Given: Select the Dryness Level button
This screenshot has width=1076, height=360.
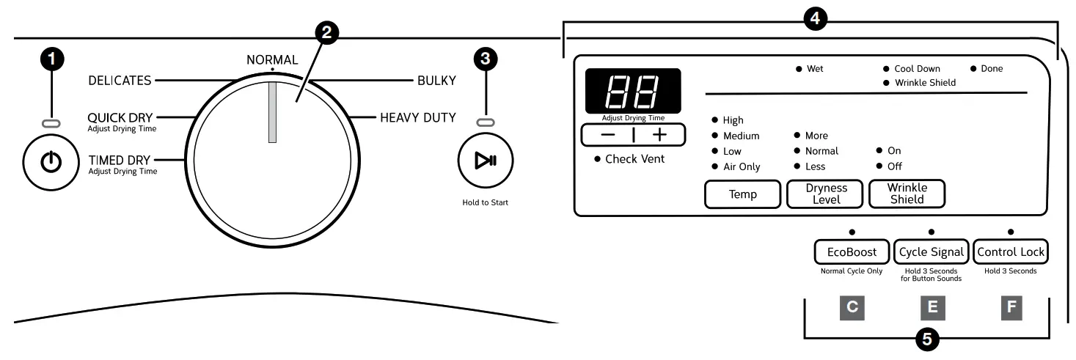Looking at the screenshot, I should pyautogui.click(x=826, y=194).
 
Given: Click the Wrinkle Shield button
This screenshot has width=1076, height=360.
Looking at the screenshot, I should pyautogui.click(x=907, y=194).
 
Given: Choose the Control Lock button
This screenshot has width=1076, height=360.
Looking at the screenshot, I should pyautogui.click(x=1011, y=252).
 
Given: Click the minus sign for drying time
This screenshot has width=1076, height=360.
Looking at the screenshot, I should pyautogui.click(x=607, y=135).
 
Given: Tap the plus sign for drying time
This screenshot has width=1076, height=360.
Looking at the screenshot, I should pyautogui.click(x=660, y=135).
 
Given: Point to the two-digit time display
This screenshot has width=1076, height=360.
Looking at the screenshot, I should pyautogui.click(x=632, y=91).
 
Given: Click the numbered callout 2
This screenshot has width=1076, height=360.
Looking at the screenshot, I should pyautogui.click(x=326, y=31).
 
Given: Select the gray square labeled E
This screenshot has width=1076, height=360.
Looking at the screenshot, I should pyautogui.click(x=932, y=307).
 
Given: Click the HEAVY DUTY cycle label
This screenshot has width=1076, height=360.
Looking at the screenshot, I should pyautogui.click(x=417, y=117).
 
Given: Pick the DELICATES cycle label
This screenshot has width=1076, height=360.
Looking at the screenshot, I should pyautogui.click(x=120, y=81).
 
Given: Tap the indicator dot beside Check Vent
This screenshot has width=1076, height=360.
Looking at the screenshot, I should pyautogui.click(x=597, y=159).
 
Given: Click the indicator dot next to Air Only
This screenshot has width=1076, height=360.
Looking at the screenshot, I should pyautogui.click(x=714, y=167).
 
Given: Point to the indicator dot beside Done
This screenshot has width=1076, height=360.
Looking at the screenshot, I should pyautogui.click(x=973, y=69).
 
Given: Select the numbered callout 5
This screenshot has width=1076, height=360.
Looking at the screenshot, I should pyautogui.click(x=928, y=339).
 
